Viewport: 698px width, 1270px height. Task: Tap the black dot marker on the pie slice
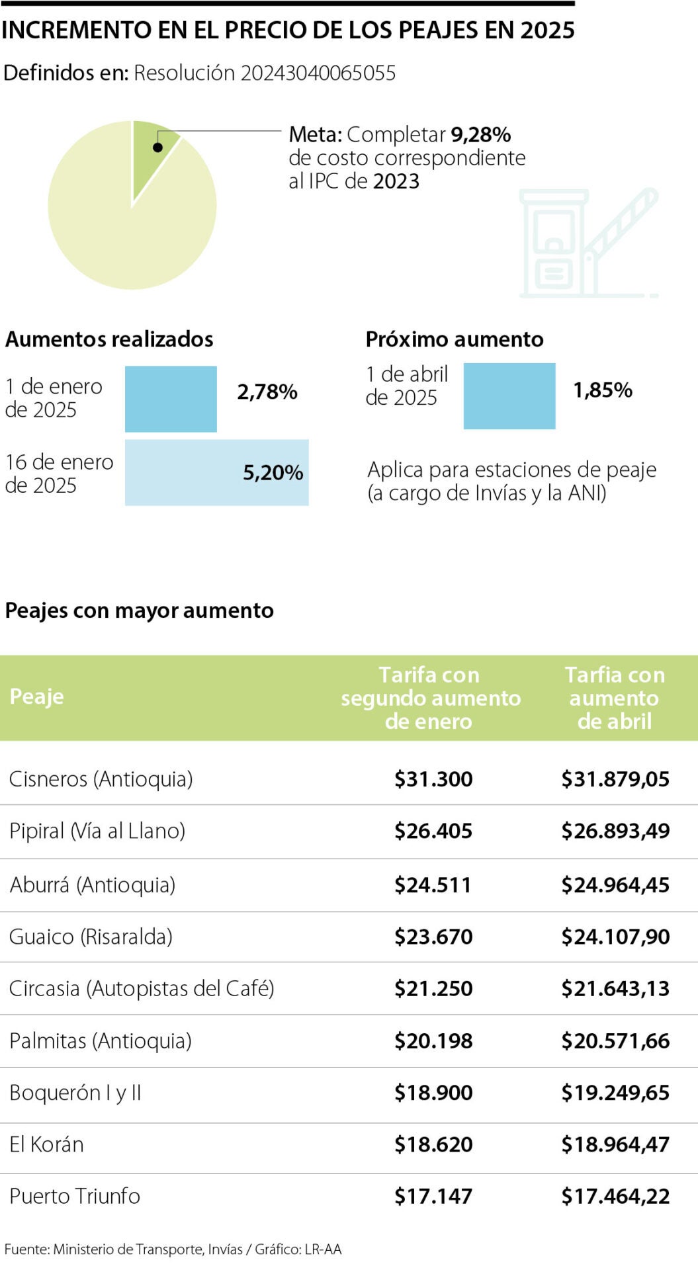tap(157, 147)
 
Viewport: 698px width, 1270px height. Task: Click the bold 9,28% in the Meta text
tap(480, 135)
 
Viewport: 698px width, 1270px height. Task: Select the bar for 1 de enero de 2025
tap(171, 399)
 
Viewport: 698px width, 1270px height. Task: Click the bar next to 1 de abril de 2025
tap(509, 396)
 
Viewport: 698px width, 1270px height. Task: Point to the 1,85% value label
tap(602, 390)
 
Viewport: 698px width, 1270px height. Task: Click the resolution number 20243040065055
tap(318, 73)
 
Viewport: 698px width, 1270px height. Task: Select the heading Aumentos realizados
tap(109, 339)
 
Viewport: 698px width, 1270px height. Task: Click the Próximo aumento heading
tap(454, 339)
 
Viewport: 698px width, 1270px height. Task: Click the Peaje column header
tap(36, 697)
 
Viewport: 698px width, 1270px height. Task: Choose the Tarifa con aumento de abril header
tap(615, 698)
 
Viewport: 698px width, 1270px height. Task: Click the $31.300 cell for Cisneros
tap(433, 779)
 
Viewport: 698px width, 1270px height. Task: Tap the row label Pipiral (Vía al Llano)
tap(97, 831)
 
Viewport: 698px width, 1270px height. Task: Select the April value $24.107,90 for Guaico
tap(615, 937)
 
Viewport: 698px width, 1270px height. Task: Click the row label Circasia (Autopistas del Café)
tap(142, 988)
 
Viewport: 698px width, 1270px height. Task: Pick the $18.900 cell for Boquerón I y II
tap(433, 1093)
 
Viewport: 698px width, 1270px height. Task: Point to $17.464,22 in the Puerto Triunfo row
tap(615, 1196)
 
